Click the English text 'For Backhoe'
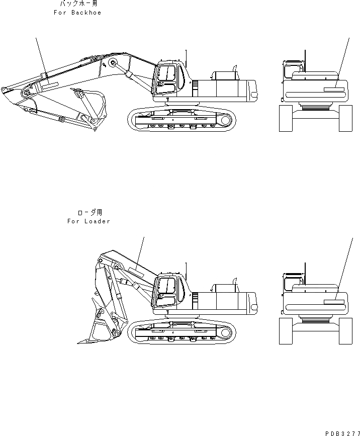[77, 13]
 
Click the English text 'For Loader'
[88, 221]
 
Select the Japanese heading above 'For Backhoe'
[77, 4]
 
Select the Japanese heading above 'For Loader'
[89, 213]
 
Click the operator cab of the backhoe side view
[167, 78]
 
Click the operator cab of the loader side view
[168, 291]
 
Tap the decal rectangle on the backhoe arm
[50, 86]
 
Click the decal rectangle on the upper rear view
[334, 89]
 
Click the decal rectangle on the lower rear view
[334, 302]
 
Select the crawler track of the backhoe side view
[182, 119]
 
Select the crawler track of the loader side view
[182, 332]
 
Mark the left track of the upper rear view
[286, 119]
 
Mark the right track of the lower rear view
[345, 331]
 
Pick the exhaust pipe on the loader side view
[234, 281]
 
